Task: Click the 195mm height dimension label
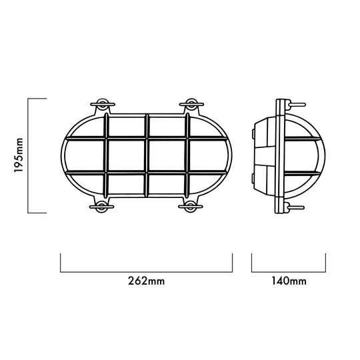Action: coord(19,155)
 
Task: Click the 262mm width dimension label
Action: coord(146,281)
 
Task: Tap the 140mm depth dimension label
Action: coord(289,281)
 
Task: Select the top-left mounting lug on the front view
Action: coord(103,105)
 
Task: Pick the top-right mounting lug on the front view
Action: coord(191,105)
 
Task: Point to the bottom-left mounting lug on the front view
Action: coord(102,207)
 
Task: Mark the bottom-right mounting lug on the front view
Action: coord(191,207)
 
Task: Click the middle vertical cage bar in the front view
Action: coord(147,155)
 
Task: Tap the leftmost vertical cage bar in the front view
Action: coord(106,155)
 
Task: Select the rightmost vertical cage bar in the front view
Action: coord(187,155)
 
